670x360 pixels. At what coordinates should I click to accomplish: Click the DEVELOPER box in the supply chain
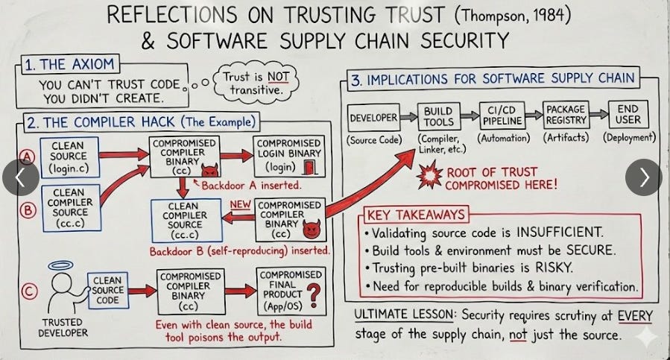pyautogui.click(x=373, y=117)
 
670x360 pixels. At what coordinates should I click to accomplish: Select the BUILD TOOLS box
pyautogui.click(x=439, y=116)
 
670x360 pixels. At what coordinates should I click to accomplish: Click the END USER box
pyautogui.click(x=628, y=116)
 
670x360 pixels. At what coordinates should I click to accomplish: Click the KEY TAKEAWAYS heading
pyautogui.click(x=416, y=215)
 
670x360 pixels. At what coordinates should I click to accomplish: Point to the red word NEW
pyautogui.click(x=241, y=203)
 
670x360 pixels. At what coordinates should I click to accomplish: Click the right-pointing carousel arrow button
pyautogui.click(x=642, y=177)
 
